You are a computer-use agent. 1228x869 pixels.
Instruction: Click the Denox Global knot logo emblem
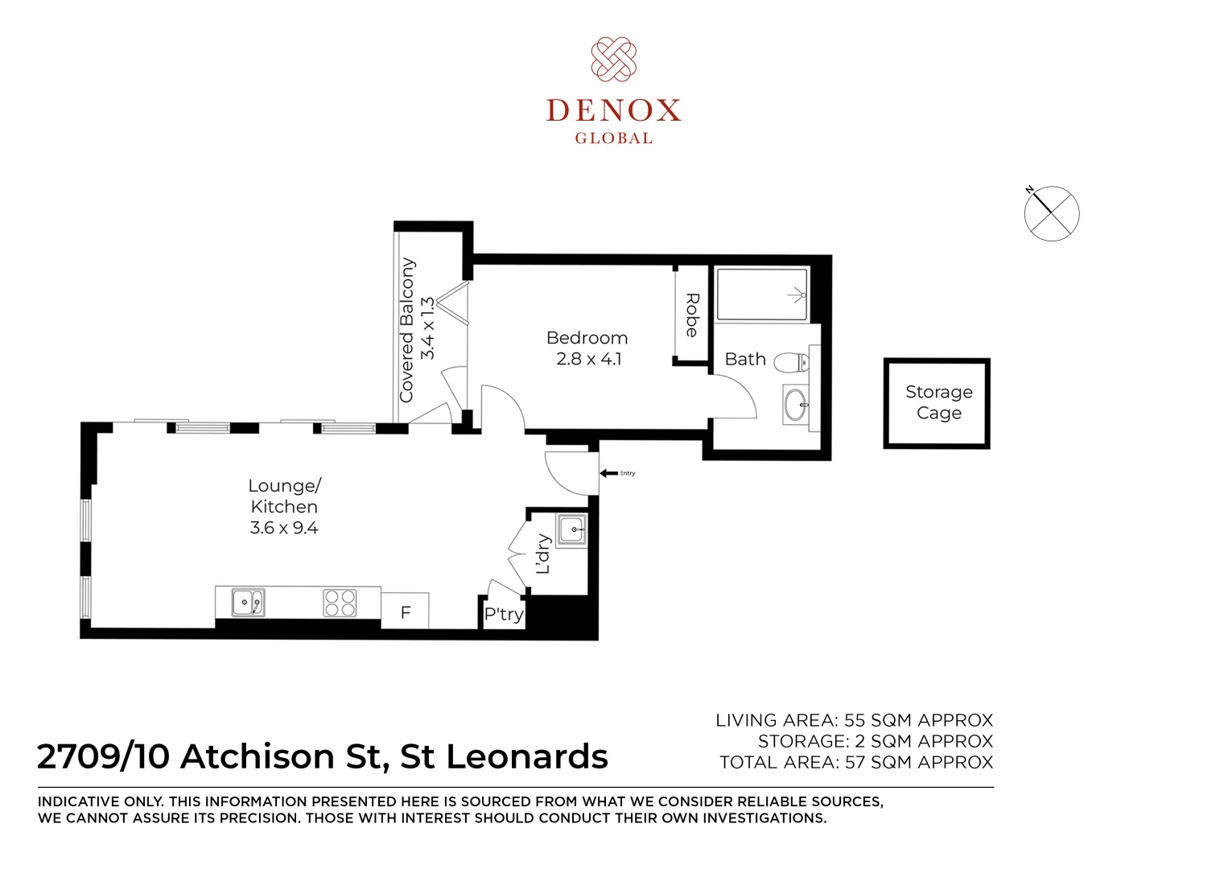[613, 60]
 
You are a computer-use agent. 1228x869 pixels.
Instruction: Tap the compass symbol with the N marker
[1051, 212]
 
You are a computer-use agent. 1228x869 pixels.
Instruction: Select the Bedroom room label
[587, 338]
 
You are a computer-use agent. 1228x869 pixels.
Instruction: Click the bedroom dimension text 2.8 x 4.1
[589, 359]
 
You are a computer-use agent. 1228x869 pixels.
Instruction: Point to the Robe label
[692, 315]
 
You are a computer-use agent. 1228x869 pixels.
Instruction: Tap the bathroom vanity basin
[796, 406]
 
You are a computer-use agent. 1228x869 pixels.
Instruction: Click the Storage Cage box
[937, 403]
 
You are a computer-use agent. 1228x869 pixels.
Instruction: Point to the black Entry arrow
[608, 473]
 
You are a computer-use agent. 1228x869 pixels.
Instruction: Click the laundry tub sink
[571, 530]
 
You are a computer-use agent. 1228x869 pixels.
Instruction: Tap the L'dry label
[542, 554]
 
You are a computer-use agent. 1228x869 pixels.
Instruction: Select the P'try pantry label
[503, 613]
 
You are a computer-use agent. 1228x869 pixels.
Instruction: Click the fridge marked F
[405, 611]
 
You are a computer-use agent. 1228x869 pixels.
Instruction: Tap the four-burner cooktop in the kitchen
[340, 603]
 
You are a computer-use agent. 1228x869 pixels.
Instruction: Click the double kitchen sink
[249, 603]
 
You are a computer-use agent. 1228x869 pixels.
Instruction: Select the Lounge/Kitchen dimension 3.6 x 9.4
[284, 527]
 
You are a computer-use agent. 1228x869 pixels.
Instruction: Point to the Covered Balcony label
[406, 330]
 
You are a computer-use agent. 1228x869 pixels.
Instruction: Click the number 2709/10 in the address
[103, 756]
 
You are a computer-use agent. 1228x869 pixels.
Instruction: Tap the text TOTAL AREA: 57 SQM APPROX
[855, 762]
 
